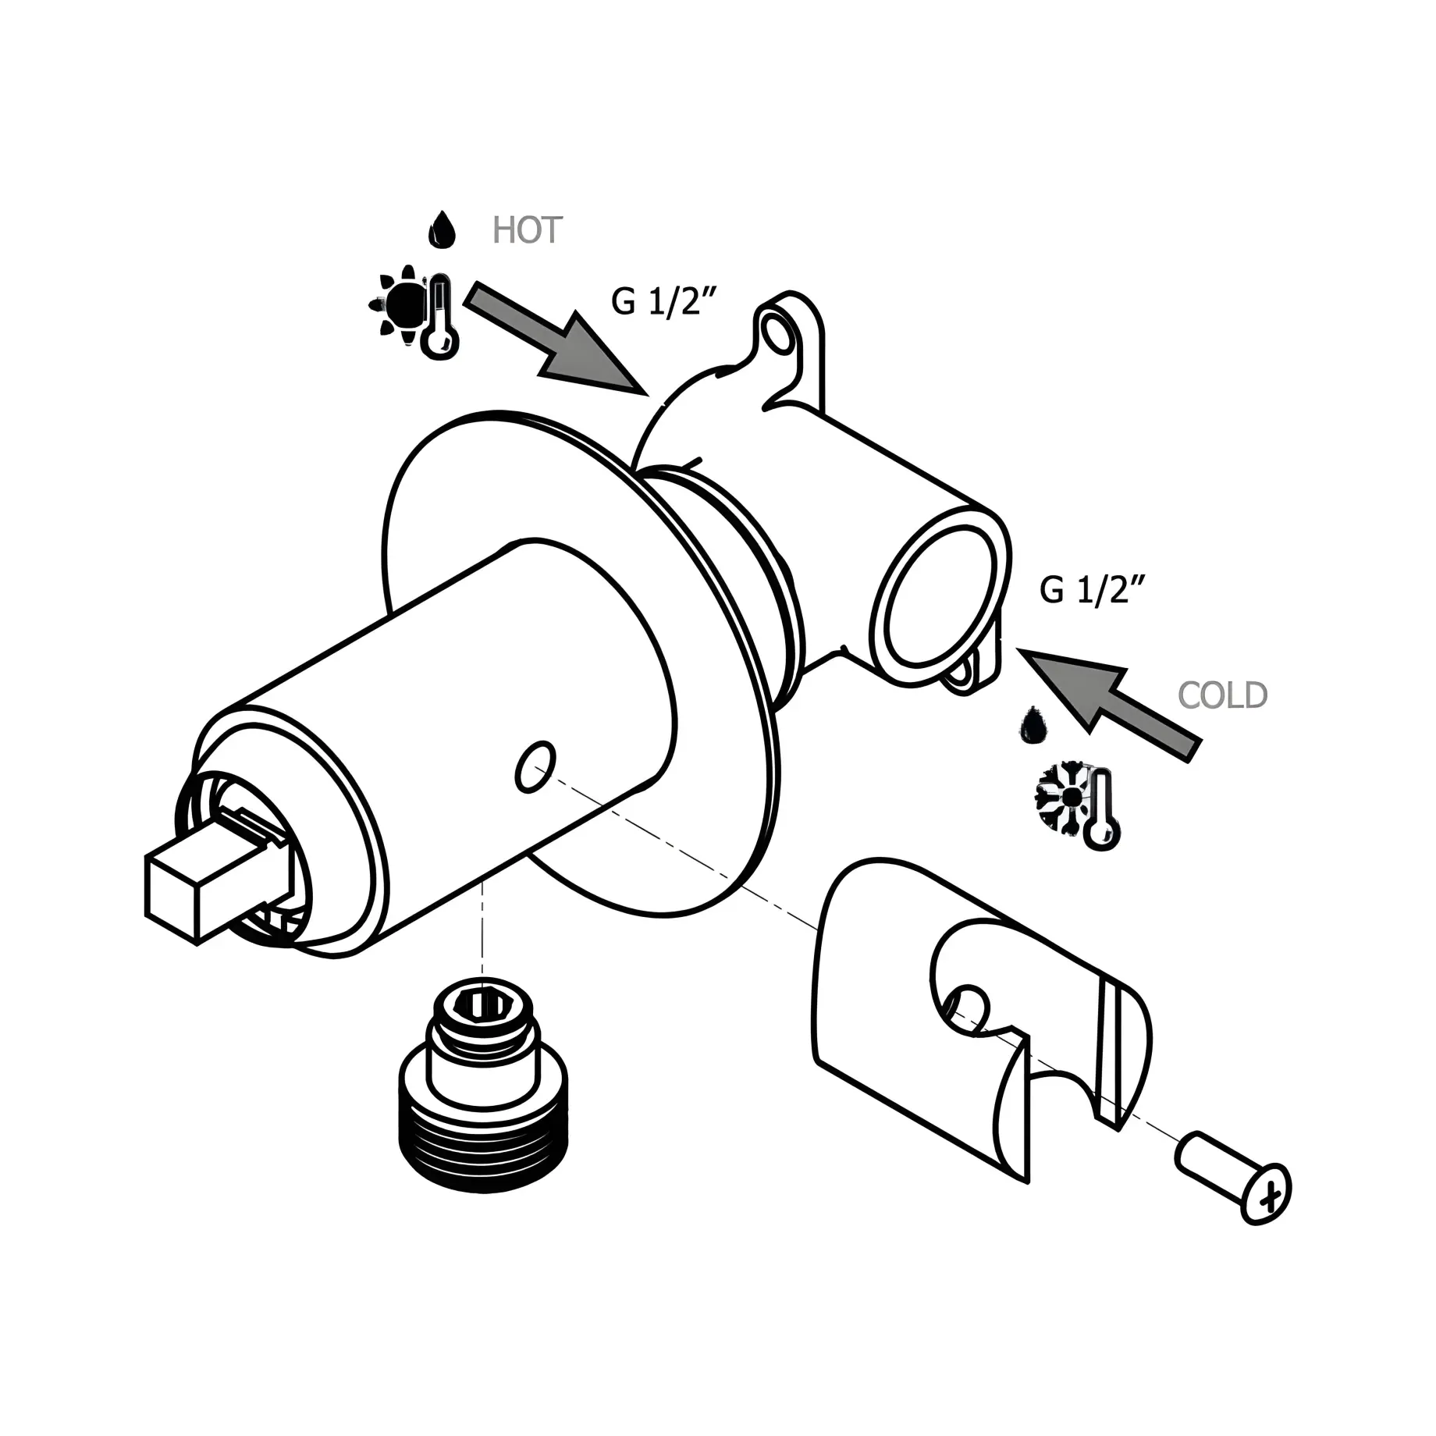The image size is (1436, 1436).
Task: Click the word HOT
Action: click(x=528, y=230)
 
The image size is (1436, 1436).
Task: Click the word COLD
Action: click(x=1222, y=695)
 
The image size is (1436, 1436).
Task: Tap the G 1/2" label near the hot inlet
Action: click(x=663, y=301)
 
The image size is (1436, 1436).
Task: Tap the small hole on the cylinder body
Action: click(x=536, y=766)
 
